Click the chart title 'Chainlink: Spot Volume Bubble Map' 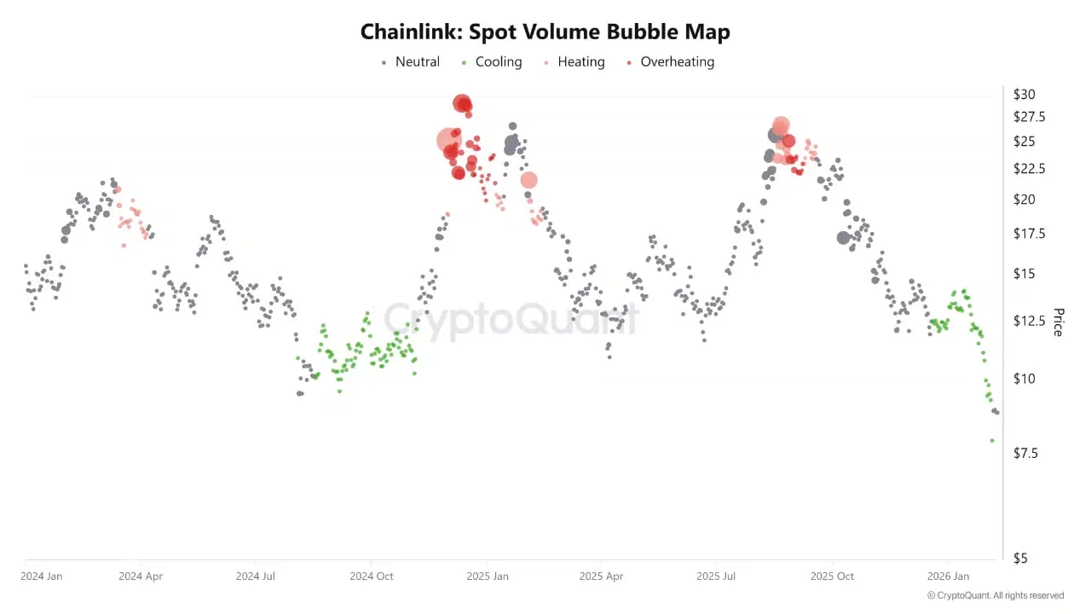point(545,32)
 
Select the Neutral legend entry point(411,62)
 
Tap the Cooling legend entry point(492,62)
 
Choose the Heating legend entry point(574,62)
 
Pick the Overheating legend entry point(671,62)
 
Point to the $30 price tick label point(1025,95)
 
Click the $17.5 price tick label point(1029,234)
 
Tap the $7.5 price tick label point(1025,454)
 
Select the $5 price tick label point(1021,559)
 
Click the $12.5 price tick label point(1029,321)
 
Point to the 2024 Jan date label point(42,576)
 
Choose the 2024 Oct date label point(371,576)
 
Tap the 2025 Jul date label point(715,576)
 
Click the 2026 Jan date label point(948,576)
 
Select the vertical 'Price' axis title point(1058,322)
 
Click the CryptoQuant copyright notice point(995,595)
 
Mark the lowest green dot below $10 point(992,441)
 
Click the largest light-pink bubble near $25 point(448,141)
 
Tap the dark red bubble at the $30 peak point(462,103)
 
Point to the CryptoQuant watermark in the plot point(511,320)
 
